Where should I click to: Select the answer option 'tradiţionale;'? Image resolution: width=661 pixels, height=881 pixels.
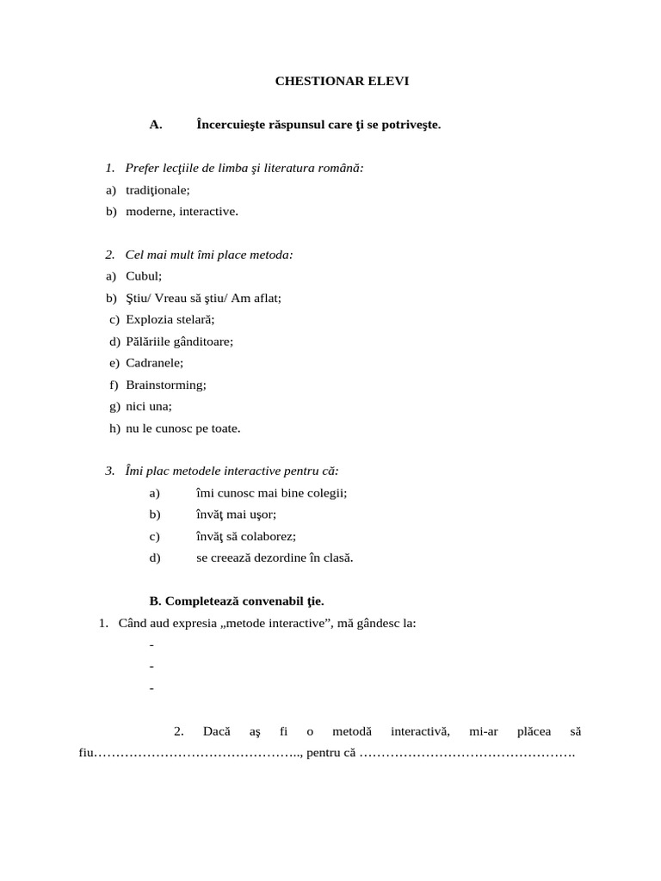point(158,189)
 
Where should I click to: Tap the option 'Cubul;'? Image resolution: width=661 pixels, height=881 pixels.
point(144,276)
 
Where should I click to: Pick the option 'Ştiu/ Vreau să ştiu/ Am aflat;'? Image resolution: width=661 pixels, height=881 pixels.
point(203,298)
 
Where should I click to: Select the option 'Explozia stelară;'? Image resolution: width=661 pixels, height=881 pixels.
point(170,319)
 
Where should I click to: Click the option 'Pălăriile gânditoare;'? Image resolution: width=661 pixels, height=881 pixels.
point(179,342)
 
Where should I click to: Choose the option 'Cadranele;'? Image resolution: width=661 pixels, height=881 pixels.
point(154,363)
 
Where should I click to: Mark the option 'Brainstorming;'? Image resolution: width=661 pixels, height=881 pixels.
point(166,385)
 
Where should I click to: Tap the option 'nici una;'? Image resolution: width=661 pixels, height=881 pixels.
point(149,406)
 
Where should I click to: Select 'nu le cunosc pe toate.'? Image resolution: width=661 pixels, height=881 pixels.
point(183,428)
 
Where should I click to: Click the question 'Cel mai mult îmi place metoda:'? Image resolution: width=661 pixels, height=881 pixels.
point(209,255)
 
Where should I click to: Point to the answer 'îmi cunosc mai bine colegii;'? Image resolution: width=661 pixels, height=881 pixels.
point(271,493)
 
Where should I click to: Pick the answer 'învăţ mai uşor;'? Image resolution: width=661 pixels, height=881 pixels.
point(236,514)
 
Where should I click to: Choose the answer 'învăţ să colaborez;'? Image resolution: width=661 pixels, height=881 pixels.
point(246,536)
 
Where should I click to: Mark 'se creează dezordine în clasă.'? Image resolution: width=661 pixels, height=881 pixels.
point(275,558)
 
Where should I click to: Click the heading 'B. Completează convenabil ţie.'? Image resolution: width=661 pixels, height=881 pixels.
point(237,601)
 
